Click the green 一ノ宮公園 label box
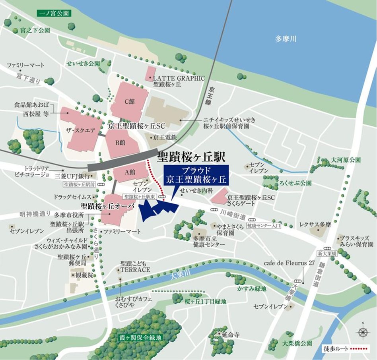[54, 13]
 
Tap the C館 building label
[130, 101]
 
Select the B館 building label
[120, 142]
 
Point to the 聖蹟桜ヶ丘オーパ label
[107, 206]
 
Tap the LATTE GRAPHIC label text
[179, 79]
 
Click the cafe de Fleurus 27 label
[289, 263]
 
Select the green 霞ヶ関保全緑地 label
[141, 337]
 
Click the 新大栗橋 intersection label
[327, 254]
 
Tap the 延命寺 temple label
[231, 335]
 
